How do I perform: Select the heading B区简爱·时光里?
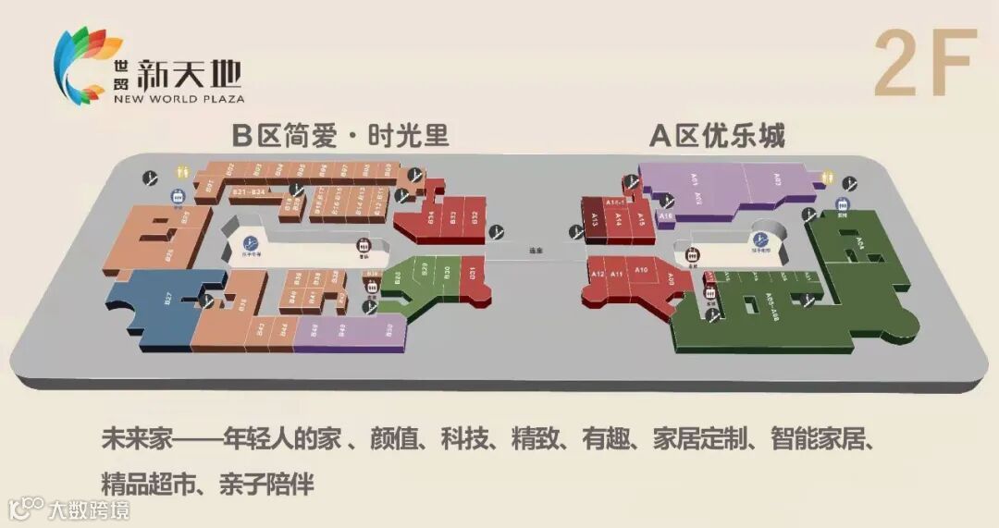coord(339,136)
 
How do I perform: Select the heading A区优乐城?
coord(717,136)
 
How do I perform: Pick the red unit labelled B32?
coord(474,218)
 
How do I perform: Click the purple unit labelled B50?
coord(389,329)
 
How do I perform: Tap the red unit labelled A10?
coord(642,271)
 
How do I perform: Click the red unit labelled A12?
coord(597,275)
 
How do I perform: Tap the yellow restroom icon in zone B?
coord(181,173)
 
